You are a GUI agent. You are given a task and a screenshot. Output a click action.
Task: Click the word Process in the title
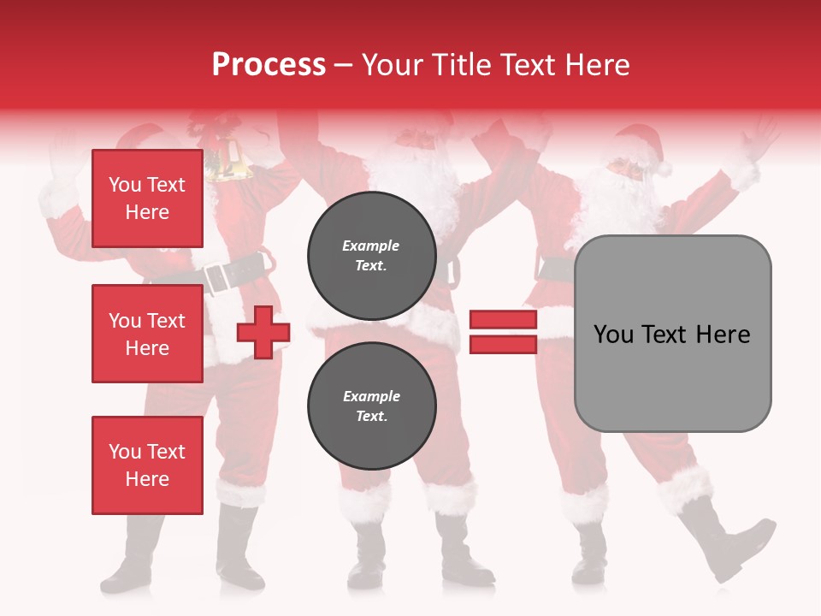(x=269, y=65)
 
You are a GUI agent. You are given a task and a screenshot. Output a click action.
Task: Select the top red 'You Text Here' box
(x=147, y=198)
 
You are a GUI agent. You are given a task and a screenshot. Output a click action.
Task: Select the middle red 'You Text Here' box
(x=147, y=334)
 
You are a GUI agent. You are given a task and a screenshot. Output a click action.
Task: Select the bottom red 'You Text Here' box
(x=147, y=465)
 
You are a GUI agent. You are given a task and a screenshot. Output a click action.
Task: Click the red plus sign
(x=263, y=332)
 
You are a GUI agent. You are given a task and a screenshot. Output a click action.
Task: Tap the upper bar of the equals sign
(x=503, y=320)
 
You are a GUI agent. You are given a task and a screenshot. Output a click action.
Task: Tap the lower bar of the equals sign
(x=503, y=344)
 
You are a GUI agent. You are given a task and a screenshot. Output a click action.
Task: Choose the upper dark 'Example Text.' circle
(x=371, y=255)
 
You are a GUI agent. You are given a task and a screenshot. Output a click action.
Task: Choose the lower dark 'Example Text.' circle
(x=371, y=406)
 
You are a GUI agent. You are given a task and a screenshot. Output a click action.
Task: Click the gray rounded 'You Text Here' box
(x=672, y=334)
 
